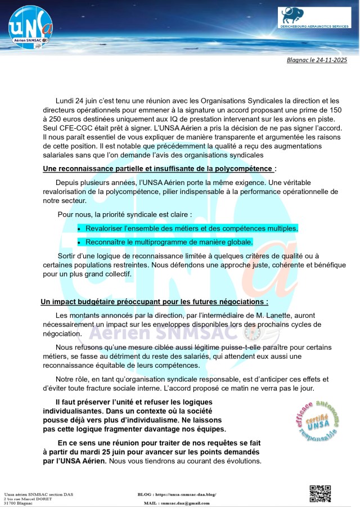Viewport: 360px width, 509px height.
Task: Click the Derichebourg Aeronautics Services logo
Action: click(314, 17)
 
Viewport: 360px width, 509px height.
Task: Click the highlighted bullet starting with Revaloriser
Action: click(191, 228)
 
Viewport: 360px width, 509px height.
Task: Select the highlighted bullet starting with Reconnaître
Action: click(169, 242)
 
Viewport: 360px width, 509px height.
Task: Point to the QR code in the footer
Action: click(320, 494)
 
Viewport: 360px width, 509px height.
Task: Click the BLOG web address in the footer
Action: click(185, 494)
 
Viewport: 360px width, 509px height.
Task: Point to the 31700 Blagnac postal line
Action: click(19, 503)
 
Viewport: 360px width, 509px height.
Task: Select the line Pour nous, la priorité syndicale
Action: click(125, 214)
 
